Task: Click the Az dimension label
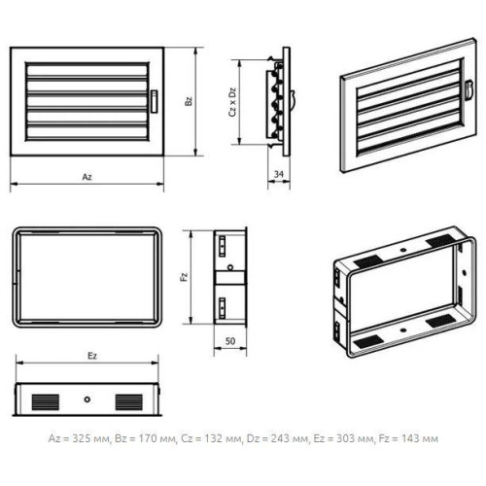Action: point(87,177)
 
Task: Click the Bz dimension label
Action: point(189,101)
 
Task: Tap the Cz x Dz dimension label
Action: point(232,102)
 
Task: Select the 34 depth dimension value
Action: point(279,174)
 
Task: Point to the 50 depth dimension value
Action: point(230,341)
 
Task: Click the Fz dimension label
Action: point(184,277)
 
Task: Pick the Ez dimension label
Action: point(92,356)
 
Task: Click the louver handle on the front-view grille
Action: point(155,101)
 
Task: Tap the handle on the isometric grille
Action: point(469,89)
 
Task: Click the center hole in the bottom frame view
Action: point(87,399)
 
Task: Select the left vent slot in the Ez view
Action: point(46,402)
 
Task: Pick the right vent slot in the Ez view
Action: point(129,402)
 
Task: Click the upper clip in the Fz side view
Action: point(223,247)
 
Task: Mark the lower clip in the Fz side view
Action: point(223,308)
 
